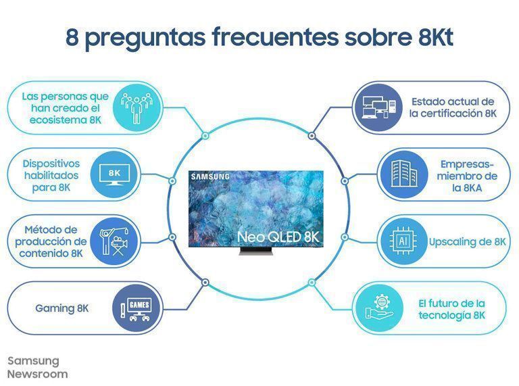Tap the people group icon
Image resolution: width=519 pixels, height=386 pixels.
132,106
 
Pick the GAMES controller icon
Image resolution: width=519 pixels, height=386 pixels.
133,309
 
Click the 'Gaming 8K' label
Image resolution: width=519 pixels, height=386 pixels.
62,309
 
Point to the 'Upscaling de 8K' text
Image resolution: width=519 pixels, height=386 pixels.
467,241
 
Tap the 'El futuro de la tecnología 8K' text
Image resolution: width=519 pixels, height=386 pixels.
451,310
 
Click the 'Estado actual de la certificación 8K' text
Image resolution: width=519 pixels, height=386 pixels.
452,107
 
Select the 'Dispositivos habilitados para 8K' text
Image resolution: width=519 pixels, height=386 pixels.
51,175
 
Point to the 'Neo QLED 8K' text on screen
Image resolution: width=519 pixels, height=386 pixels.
277,237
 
